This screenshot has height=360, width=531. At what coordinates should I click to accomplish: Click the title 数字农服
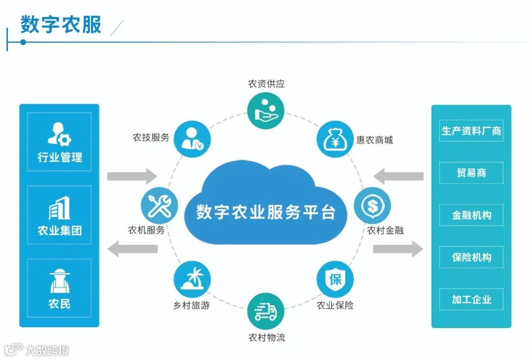click(61, 25)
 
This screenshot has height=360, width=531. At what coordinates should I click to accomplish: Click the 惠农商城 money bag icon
click(335, 140)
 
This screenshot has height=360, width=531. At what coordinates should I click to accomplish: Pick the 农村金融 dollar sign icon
click(372, 205)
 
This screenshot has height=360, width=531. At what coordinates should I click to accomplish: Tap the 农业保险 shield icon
click(335, 279)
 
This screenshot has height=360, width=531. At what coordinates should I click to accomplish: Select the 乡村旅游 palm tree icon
click(192, 279)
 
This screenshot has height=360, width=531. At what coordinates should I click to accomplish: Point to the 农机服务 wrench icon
click(159, 205)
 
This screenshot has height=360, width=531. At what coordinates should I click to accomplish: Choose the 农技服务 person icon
click(192, 140)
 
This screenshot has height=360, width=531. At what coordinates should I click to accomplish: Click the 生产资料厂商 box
click(471, 131)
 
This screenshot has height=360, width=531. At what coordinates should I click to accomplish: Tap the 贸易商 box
click(471, 173)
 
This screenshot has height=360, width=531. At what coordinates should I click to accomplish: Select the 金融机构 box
click(471, 215)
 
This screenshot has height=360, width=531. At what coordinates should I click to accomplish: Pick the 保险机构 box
click(471, 257)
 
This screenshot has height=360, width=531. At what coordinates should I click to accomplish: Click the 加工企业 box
click(471, 299)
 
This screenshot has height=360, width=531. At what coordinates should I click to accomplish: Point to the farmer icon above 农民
click(59, 281)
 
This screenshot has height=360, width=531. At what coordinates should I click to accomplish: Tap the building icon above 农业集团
click(59, 209)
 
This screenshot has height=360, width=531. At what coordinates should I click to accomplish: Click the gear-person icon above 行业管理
click(59, 134)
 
